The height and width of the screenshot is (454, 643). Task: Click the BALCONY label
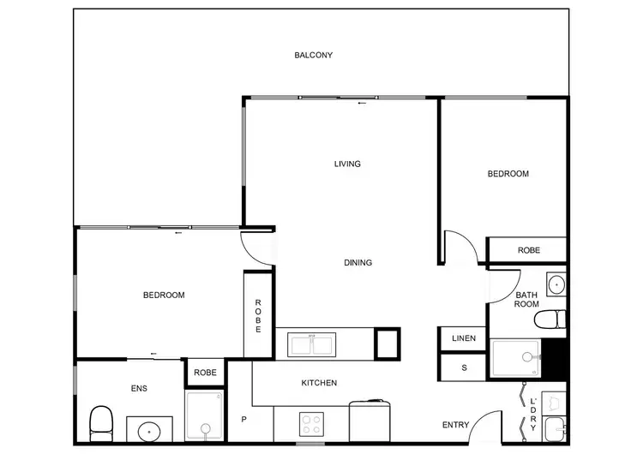[313, 56]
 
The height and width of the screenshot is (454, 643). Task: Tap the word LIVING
[347, 164]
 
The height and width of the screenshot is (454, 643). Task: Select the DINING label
[358, 263]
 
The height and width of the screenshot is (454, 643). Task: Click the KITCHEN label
[318, 383]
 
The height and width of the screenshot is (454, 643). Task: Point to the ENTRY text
[455, 425]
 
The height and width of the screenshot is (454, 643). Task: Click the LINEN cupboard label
[463, 339]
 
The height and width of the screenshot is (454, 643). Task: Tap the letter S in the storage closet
[464, 368]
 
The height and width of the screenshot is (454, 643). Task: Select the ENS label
[139, 389]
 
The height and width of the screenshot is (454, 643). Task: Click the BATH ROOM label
[526, 299]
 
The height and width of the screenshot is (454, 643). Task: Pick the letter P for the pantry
[243, 420]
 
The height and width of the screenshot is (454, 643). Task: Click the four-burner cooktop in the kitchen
[309, 423]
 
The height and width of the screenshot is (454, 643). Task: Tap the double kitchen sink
[312, 344]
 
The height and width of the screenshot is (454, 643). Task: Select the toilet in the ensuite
[101, 421]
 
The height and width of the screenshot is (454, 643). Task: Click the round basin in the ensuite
[149, 429]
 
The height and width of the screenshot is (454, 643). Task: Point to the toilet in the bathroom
[549, 320]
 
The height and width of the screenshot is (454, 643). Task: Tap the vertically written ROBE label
[257, 314]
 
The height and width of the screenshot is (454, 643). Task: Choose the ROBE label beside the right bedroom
[528, 250]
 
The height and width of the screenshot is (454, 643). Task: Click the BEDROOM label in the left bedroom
[163, 296]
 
